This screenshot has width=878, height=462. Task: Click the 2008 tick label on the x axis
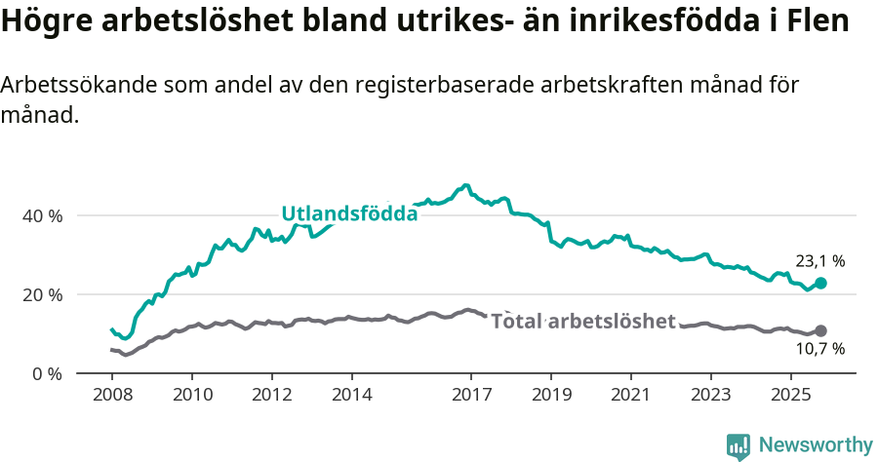click(x=112, y=396)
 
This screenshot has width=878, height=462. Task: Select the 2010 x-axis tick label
click(x=191, y=396)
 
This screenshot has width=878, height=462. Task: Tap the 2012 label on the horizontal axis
click(x=271, y=396)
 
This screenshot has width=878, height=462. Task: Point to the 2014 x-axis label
click(x=351, y=396)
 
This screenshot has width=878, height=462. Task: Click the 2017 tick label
click(x=471, y=396)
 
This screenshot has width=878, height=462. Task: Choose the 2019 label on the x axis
click(x=551, y=396)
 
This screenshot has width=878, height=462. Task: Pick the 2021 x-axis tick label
click(x=630, y=396)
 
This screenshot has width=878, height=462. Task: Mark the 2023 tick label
click(x=710, y=396)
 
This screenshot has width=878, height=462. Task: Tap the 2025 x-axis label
click(x=790, y=396)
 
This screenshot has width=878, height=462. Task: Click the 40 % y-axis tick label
click(x=42, y=215)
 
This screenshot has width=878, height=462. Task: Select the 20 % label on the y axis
click(x=42, y=294)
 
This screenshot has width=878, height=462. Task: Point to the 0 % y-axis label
click(x=46, y=373)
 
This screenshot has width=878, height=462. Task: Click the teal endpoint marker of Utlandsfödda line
click(x=820, y=283)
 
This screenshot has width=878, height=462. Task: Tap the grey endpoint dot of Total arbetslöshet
click(x=820, y=331)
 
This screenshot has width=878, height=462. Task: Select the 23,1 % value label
click(x=819, y=261)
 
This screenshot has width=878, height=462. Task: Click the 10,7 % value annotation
click(x=819, y=349)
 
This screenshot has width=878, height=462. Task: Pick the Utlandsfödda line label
click(x=349, y=213)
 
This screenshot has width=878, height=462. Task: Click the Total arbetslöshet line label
click(x=583, y=321)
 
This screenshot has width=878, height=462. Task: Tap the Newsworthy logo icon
click(x=738, y=445)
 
